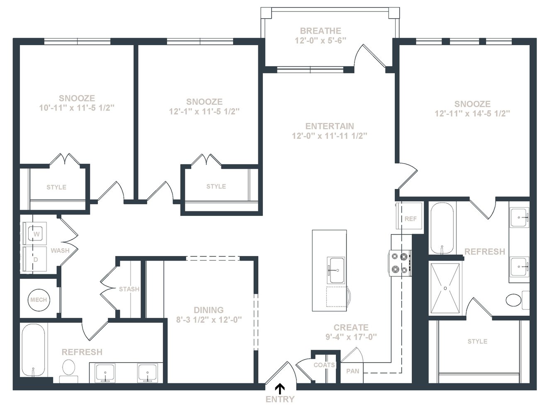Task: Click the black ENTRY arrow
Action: pos(280,388)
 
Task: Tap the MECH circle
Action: pos(39,300)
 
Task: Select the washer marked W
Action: pos(35,234)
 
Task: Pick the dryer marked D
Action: pos(35,259)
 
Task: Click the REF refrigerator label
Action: pos(411,219)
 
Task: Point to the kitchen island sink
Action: pos(336,270)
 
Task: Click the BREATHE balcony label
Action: pos(321,31)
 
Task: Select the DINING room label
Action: pos(209,310)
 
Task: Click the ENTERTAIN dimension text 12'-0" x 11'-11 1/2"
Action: pos(329,136)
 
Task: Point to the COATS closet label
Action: pos(324,365)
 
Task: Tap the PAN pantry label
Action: pos(353,371)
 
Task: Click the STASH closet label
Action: pos(129,289)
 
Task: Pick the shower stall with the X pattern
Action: pos(445,288)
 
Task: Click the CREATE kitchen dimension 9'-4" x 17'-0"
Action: pos(351,337)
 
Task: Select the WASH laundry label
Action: pos(60,250)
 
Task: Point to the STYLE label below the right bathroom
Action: pos(477,341)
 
